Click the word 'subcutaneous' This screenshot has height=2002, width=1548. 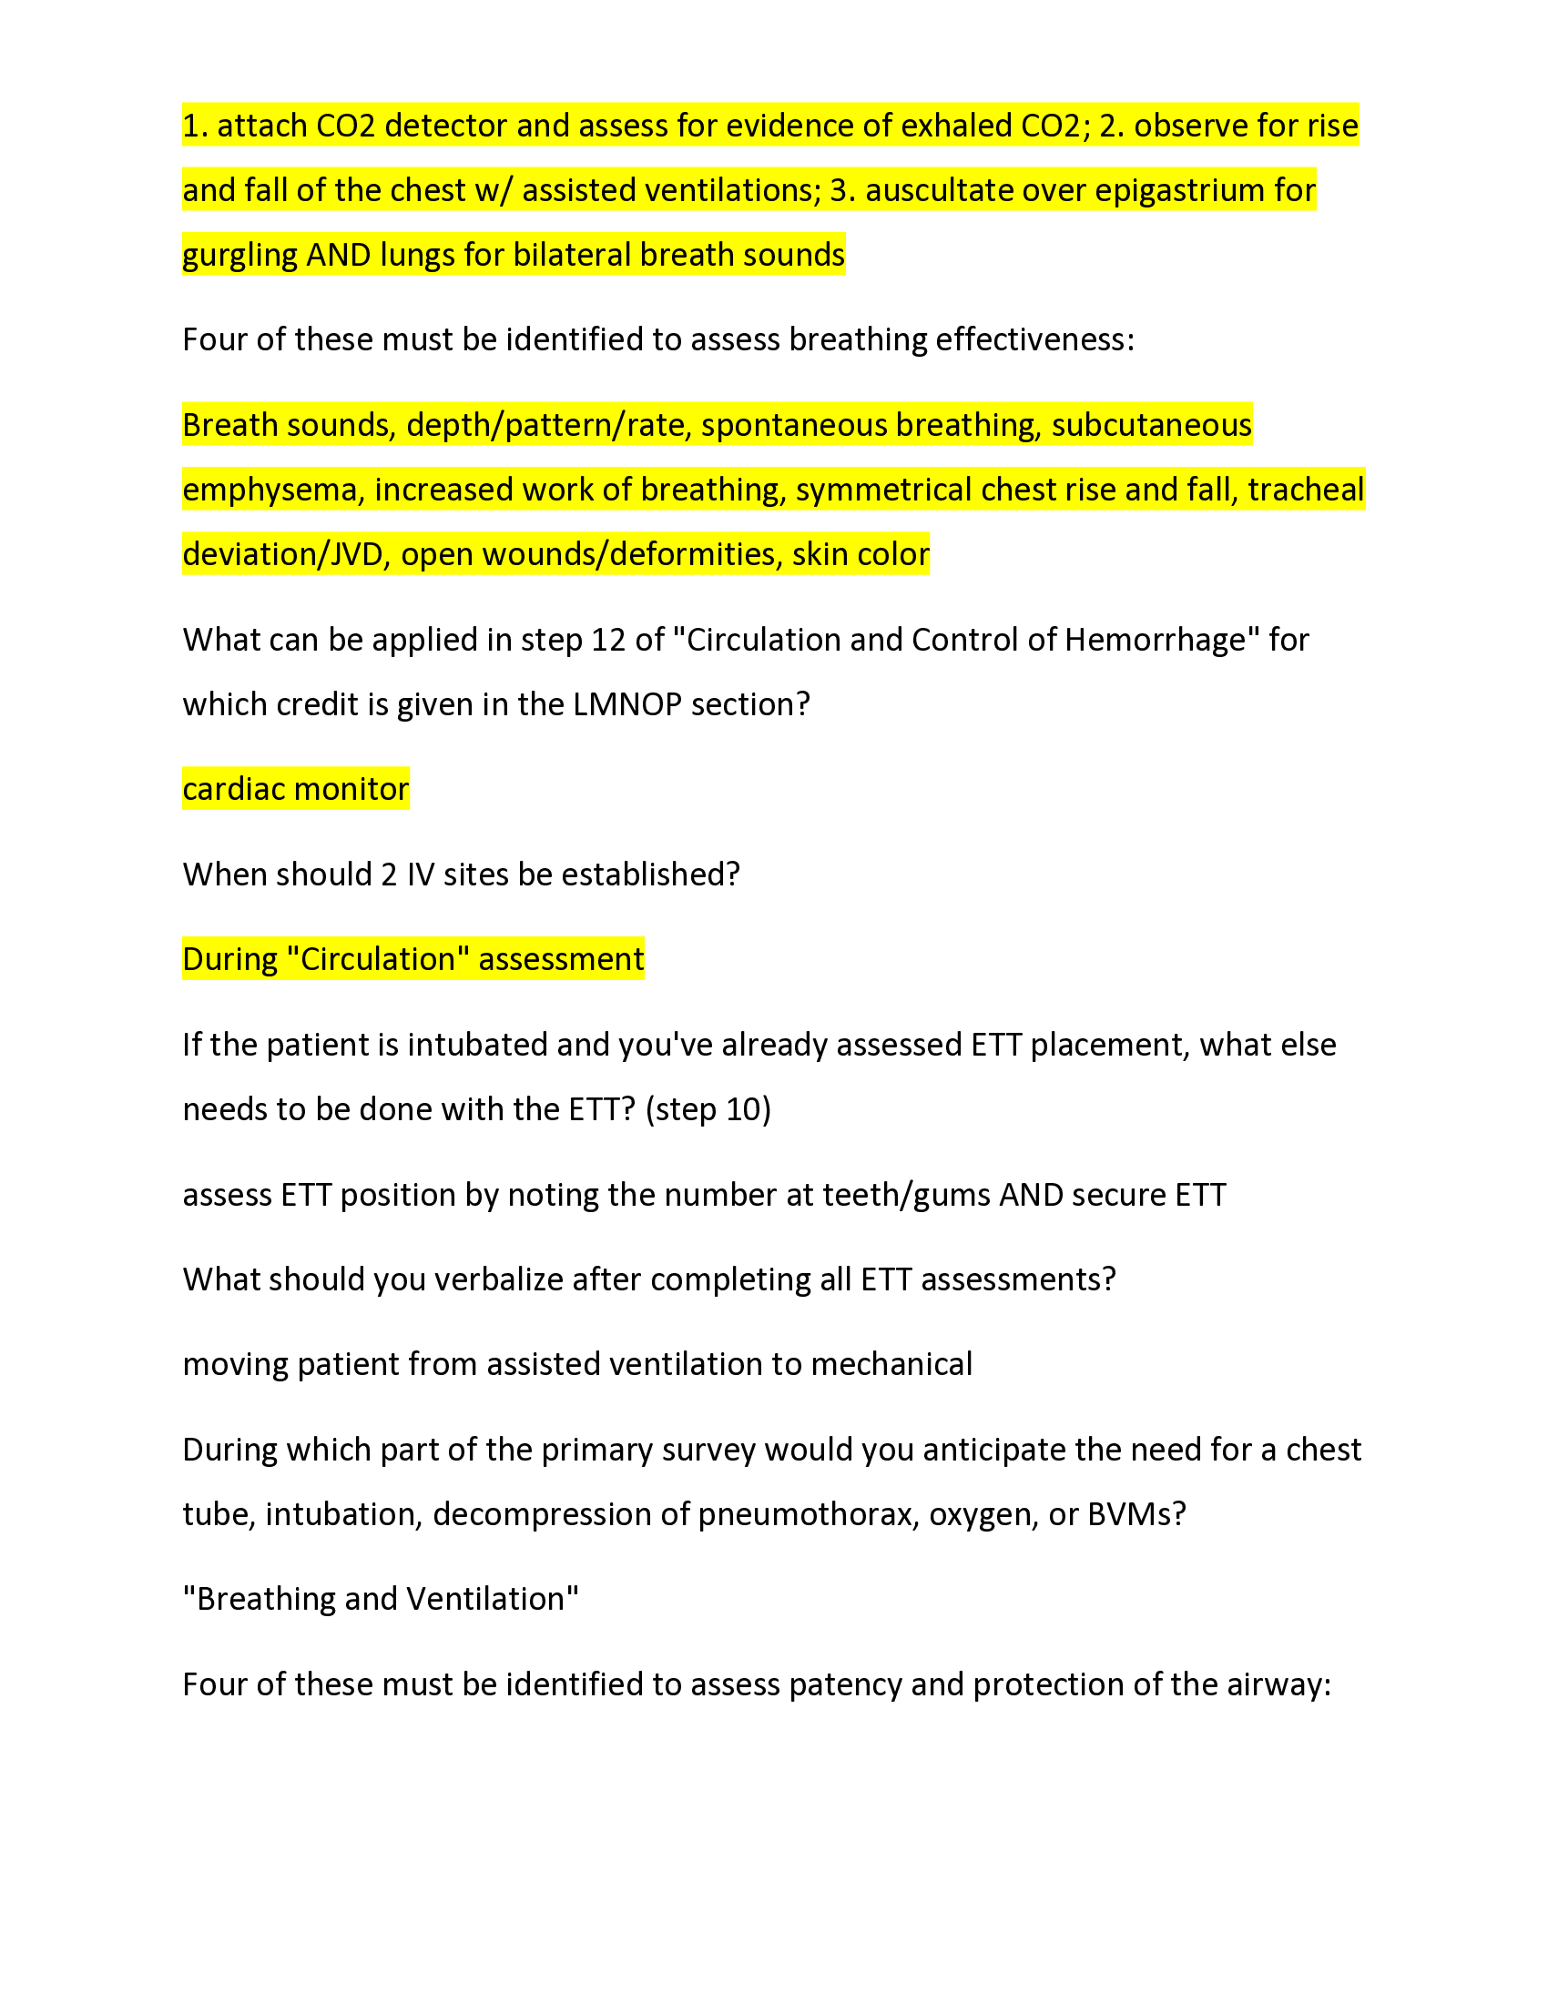pos(1151,425)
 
